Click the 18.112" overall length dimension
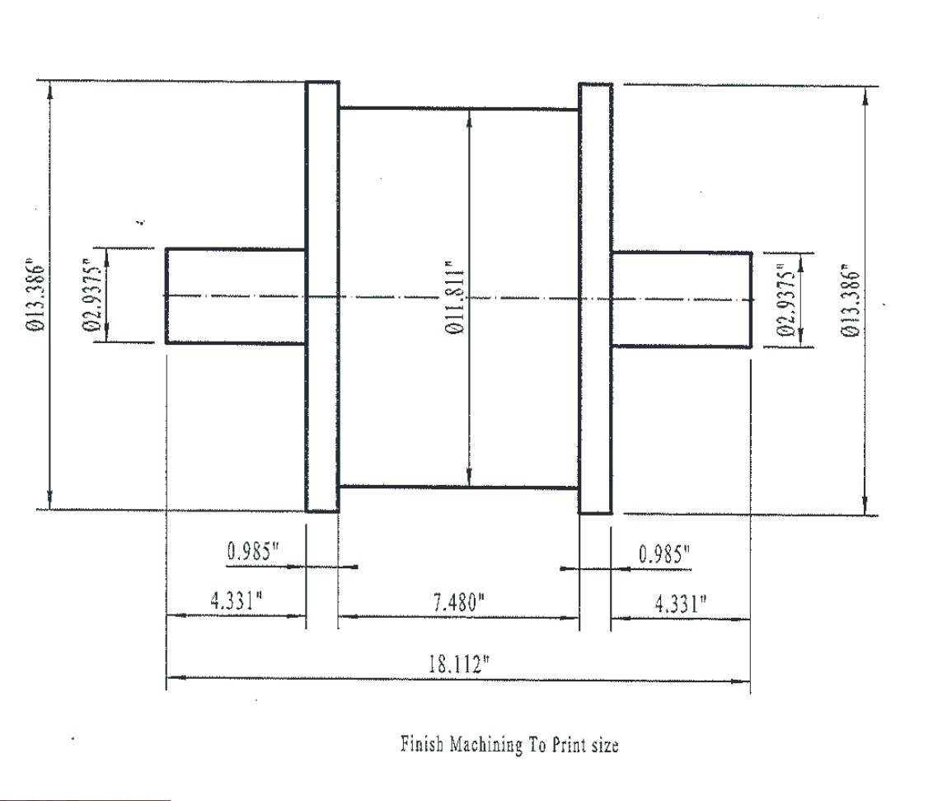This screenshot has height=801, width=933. pos(459,663)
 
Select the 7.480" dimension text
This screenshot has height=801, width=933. pos(459,603)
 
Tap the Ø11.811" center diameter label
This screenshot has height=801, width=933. pos(455,297)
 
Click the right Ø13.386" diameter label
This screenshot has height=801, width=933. pos(851,303)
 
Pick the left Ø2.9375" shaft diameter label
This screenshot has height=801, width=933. pos(92,294)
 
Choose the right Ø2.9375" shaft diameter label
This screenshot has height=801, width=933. pos(785,301)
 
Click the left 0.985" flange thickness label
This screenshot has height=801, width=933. pos(253,551)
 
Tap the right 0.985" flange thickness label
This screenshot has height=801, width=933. pos(664,554)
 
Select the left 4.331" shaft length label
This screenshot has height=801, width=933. pos(237,600)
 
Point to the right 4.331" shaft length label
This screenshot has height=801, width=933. pos(681,603)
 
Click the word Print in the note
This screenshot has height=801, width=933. pos(568,744)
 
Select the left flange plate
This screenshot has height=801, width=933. pos(322,297)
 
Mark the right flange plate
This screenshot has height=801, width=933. pos(596,299)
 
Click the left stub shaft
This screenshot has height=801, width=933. pos(236,296)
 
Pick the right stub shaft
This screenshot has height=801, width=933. pos(682,299)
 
